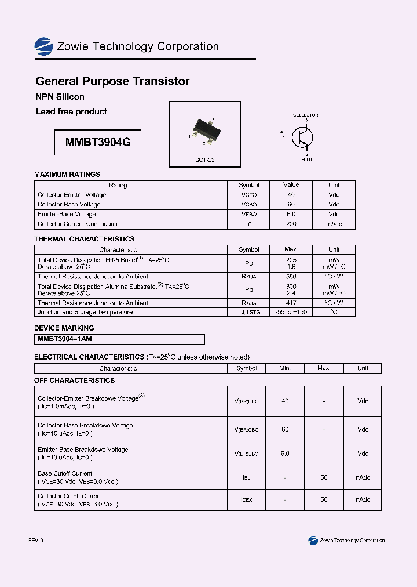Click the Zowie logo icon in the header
click(44, 46)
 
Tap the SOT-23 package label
click(204, 160)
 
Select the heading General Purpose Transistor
click(112, 81)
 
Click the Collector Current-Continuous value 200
click(291, 224)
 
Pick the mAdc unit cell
click(334, 224)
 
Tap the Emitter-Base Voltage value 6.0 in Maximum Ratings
click(291, 214)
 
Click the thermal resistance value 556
click(291, 277)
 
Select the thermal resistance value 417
click(291, 303)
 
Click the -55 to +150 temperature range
click(291, 312)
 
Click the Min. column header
click(284, 368)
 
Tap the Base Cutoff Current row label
click(65, 473)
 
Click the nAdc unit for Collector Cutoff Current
click(363, 499)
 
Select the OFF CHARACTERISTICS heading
click(75, 381)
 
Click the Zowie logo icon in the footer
click(313, 540)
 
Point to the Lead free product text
click(71, 111)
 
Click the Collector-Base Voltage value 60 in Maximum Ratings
click(291, 205)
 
